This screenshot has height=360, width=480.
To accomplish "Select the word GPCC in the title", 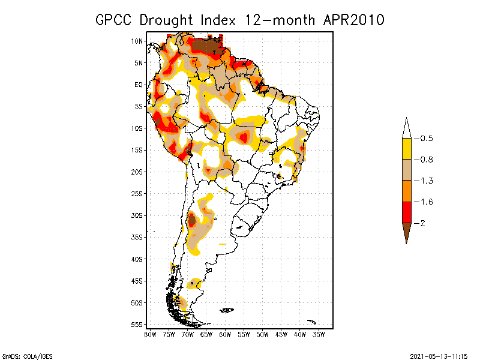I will pos(115,19).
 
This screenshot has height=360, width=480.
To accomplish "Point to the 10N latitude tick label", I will pos(137,41).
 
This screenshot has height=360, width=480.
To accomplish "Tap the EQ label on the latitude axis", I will pos(138,85).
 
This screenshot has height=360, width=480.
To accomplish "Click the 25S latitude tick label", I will pos(137,193).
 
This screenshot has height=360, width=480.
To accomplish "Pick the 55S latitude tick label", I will pos(137,324).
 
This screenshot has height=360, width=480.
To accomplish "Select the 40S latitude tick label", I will pos(137,259).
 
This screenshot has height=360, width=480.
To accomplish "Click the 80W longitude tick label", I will pos(150,334).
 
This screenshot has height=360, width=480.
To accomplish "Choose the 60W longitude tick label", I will pos(225,334).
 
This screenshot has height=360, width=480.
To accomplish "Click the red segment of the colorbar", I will pos(406,212).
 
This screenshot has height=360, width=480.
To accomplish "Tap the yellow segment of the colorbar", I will pos(406,149).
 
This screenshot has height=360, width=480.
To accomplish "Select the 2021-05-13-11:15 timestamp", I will pos(438,355).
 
